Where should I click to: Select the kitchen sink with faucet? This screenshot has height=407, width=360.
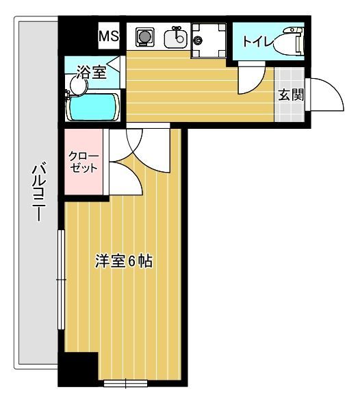click(176, 37)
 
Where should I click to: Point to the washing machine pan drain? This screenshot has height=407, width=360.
click(198, 40)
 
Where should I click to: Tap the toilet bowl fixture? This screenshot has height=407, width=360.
click(293, 42)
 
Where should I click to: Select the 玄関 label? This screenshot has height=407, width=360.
click(290, 95)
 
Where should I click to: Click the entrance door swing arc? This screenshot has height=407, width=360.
click(327, 95)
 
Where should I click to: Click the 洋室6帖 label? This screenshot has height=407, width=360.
click(123, 261)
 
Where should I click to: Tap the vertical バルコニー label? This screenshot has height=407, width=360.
click(39, 193)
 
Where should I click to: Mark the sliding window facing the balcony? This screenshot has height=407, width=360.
click(62, 281)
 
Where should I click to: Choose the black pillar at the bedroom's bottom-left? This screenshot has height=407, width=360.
click(78, 371)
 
